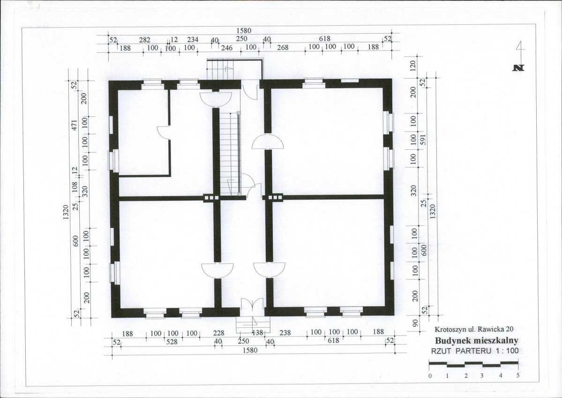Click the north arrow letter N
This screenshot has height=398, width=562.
[518, 67]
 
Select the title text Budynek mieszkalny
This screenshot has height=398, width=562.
[477, 340]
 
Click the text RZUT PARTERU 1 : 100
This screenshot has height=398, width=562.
[474, 351]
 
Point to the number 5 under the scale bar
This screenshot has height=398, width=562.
[517, 376]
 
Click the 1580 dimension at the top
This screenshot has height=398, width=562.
[244, 31]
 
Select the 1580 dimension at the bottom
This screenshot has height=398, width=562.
[250, 350]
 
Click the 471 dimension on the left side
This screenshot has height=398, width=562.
[75, 125]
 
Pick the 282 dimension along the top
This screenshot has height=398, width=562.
[144, 40]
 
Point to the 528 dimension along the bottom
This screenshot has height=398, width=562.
[172, 342]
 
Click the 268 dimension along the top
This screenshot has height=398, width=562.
[283, 48]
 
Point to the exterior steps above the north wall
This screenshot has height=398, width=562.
[220, 69]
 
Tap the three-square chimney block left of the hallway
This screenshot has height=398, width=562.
[211, 197]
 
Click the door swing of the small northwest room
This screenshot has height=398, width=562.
[164, 133]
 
